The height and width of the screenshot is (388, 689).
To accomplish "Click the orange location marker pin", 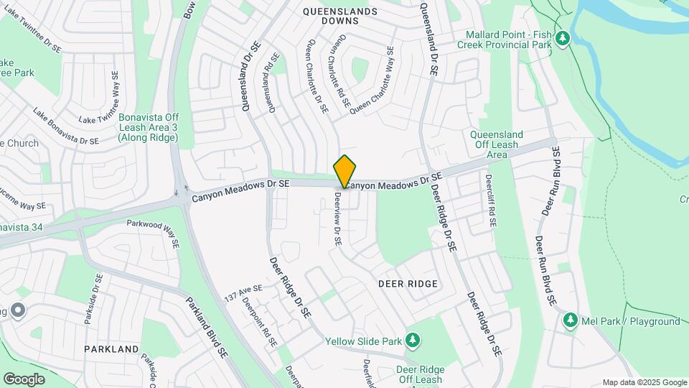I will [x=344, y=171].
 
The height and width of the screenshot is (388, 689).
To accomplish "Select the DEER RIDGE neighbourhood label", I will [x=408, y=284].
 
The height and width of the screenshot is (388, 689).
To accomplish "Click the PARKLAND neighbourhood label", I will [x=111, y=348].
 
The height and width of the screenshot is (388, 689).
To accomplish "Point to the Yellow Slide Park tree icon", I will [x=413, y=339].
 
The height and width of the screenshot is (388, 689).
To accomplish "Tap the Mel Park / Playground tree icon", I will [x=571, y=319].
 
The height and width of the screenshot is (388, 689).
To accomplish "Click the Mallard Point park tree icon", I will [x=563, y=37].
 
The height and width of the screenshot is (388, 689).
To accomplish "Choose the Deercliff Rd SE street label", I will [x=489, y=201].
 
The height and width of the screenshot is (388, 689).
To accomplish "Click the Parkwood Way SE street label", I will [x=152, y=228].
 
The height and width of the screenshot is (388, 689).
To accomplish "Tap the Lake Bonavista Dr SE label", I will [x=65, y=126].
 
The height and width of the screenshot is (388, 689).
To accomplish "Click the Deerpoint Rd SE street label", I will [x=259, y=323].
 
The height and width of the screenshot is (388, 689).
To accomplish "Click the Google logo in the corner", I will [x=24, y=379].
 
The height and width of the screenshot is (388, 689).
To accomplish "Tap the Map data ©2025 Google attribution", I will [x=644, y=382].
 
